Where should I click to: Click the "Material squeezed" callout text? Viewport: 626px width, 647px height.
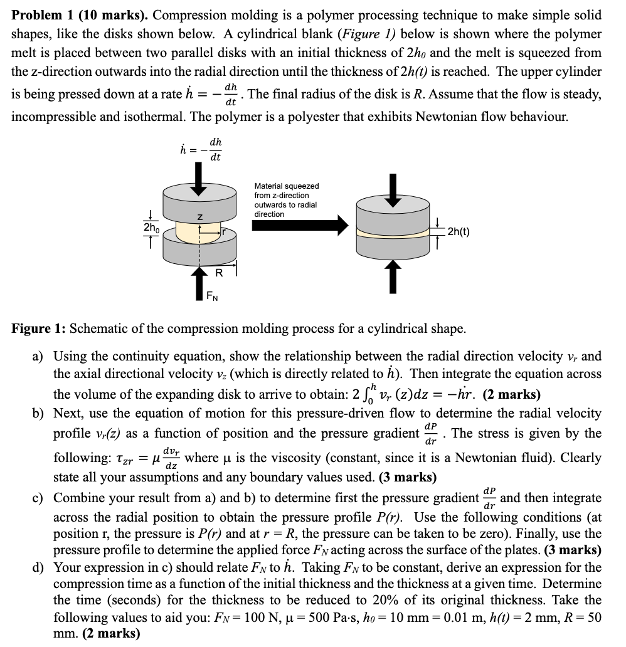[287, 186]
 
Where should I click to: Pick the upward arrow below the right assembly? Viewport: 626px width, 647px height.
[393, 276]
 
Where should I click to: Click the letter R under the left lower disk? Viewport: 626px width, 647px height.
[219, 273]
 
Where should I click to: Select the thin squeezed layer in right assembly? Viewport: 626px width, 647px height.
[393, 231]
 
